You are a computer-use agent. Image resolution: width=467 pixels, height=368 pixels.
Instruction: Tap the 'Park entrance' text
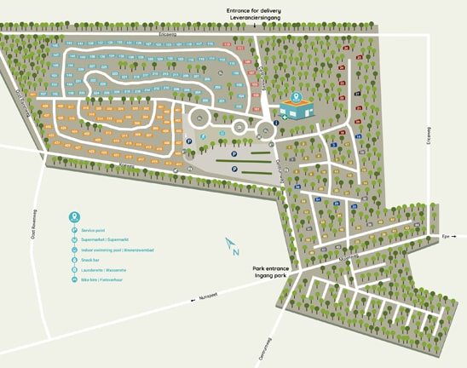(271, 268)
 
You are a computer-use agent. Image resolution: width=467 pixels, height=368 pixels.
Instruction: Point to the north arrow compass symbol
(232, 246)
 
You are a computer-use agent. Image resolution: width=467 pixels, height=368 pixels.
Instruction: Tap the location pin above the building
(297, 97)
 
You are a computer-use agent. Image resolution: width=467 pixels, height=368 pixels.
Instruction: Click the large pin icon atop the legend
(75, 216)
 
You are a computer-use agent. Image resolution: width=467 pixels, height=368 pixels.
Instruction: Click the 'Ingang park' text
(271, 276)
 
